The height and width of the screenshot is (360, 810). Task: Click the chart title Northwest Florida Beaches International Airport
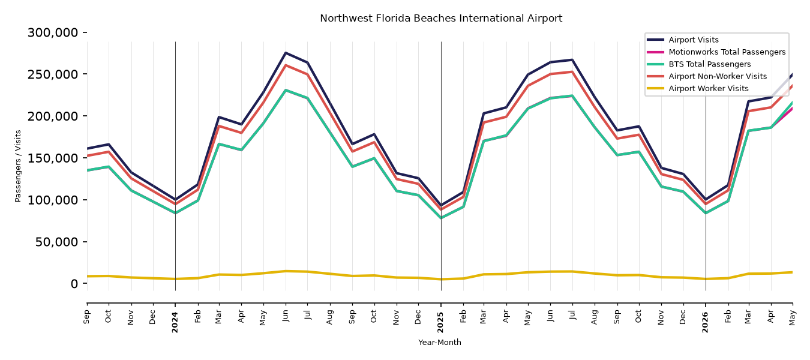441,19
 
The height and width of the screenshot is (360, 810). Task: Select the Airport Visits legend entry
693,40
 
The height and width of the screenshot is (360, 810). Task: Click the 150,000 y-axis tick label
53,158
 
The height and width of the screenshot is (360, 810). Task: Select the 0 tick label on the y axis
74,284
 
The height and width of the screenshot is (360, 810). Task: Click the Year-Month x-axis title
440,342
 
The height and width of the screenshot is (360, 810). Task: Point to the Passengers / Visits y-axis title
18,166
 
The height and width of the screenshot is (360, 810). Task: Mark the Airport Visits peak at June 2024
286,53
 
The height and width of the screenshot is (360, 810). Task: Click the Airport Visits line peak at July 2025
572,59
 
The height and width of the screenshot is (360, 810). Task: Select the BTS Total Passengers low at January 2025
441,218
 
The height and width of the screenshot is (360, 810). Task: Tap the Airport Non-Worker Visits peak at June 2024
286,65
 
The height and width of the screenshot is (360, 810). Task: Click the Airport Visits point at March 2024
219,117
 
